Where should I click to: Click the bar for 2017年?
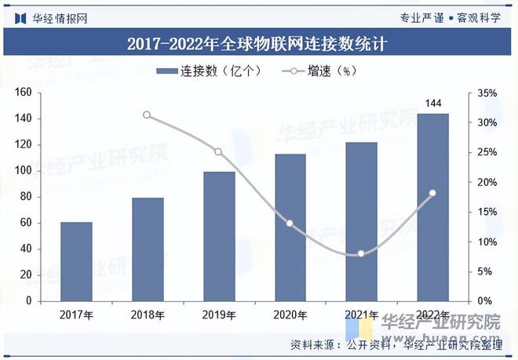pos(76,261)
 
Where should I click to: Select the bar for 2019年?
pos(219,236)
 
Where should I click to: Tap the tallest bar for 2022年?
pos(432,207)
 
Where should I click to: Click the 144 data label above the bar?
pos(432,103)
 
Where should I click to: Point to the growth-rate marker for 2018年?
pos(147,115)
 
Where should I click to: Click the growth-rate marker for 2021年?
pos(361,253)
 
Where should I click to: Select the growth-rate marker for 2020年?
pos(290,224)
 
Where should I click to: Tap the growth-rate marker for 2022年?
pos(432,193)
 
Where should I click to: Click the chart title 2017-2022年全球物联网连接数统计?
pos(258,43)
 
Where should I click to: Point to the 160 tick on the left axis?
pos(23,93)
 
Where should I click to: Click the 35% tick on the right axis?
pos(487,93)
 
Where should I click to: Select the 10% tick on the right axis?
pos(487,242)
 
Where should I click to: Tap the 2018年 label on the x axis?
pos(148,315)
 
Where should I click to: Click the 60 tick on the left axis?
pos(25,223)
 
